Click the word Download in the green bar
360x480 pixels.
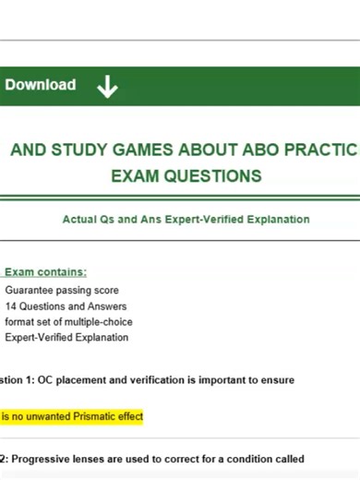41,85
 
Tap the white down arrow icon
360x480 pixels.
107,87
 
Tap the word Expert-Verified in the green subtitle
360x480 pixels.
211,220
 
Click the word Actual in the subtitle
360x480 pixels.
79,220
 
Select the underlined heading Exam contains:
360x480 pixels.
46,272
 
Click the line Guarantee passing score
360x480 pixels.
62,290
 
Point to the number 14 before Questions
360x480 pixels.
10,306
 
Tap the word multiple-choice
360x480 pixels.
96,321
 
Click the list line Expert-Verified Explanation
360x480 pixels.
66,337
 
